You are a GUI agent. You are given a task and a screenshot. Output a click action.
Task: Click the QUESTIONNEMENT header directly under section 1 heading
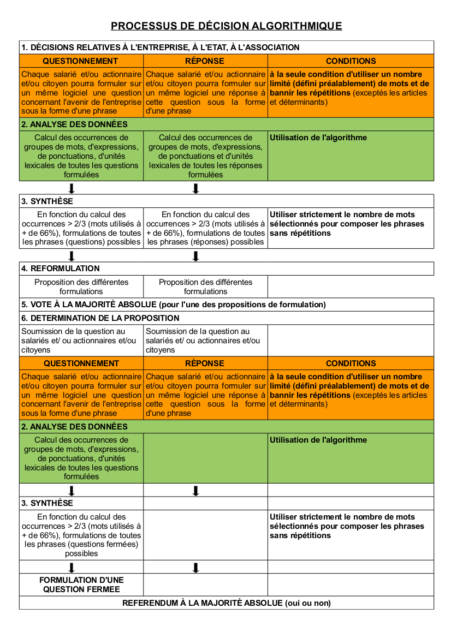80,61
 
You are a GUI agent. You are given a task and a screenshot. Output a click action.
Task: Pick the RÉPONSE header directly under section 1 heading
205,61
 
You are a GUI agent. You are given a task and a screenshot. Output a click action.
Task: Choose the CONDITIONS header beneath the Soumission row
351,363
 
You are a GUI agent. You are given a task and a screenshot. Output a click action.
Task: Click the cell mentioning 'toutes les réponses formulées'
205,156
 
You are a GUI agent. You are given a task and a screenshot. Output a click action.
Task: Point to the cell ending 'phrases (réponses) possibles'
205,228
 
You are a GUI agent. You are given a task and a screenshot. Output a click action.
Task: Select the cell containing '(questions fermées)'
81,535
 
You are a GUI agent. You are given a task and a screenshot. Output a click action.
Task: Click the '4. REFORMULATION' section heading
61,269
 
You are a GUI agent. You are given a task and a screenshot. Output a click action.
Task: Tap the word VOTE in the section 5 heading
41,305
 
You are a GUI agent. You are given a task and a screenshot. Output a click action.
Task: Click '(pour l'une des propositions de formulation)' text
242,305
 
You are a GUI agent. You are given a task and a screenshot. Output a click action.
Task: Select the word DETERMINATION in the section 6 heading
60,318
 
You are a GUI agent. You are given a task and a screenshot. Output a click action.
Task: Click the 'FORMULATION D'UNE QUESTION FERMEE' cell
81,585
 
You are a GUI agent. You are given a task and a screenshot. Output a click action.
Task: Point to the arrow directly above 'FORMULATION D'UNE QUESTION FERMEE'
72,567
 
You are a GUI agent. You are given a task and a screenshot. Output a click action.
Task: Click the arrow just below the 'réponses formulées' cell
195,188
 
